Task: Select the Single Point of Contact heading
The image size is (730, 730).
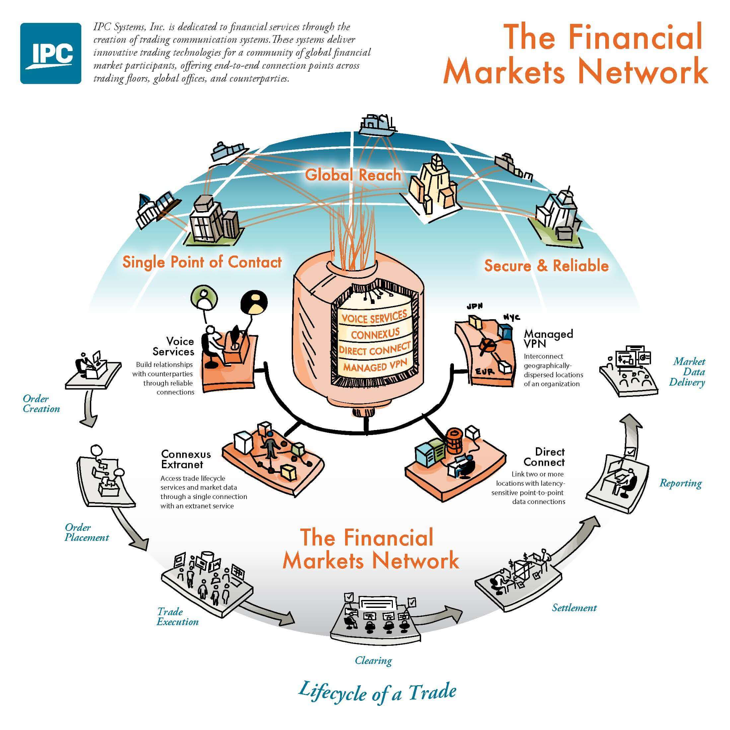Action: (x=202, y=262)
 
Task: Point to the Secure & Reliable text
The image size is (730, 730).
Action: (x=547, y=266)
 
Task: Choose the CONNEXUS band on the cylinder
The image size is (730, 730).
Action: (x=375, y=333)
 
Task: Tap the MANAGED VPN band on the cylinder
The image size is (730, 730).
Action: (x=375, y=366)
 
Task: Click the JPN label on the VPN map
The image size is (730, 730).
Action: (x=475, y=306)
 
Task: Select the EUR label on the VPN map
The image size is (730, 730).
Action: (x=485, y=372)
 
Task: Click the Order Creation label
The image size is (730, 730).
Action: (x=41, y=403)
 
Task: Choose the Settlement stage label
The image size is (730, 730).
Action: (x=574, y=607)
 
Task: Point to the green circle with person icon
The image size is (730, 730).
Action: (x=204, y=297)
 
